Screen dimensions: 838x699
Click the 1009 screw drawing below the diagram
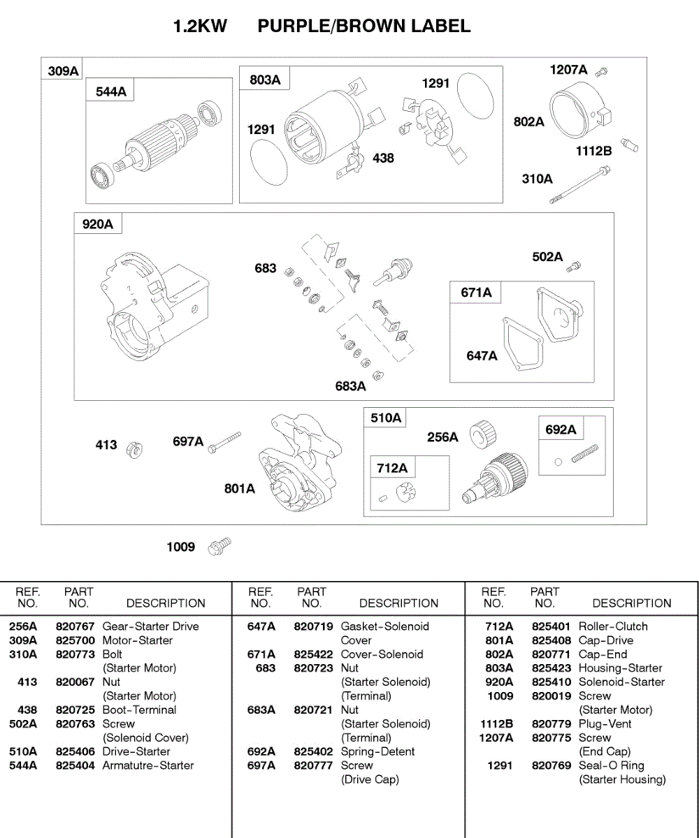click(219, 547)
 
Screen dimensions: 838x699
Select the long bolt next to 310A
click(579, 185)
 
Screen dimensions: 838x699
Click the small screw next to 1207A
click(605, 71)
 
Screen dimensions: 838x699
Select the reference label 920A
click(97, 224)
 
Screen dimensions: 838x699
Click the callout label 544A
click(111, 91)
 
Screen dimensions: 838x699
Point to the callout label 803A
click(265, 80)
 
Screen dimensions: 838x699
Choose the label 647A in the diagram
click(482, 356)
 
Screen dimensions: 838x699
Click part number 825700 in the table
click(75, 640)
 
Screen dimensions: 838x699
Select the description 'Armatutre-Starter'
click(148, 766)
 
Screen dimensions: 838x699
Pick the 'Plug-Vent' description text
click(605, 724)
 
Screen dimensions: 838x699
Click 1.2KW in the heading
click(200, 27)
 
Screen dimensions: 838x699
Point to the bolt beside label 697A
click(224, 442)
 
